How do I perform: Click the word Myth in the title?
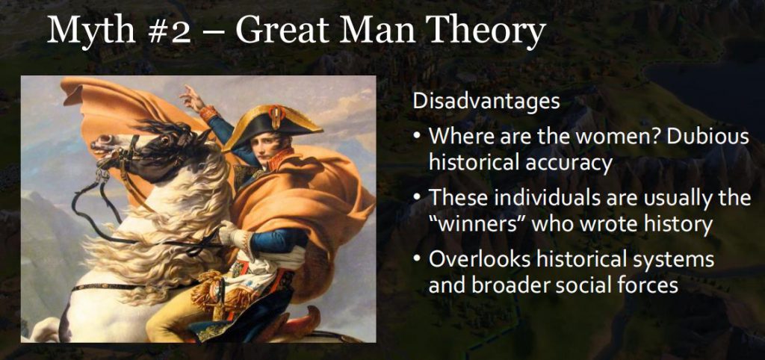click(90, 30)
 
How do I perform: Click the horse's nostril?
click(95, 140)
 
